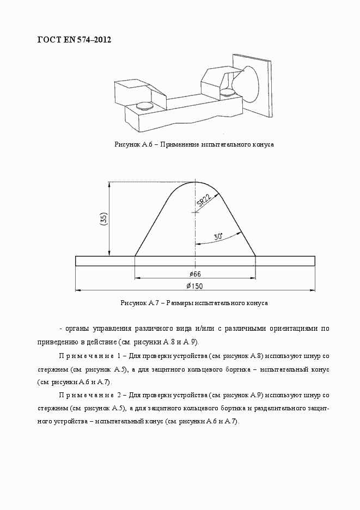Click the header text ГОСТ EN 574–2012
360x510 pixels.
(x=74, y=40)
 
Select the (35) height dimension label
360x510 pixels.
(x=103, y=219)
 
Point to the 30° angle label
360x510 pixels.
(x=218, y=237)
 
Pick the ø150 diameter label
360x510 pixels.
(x=194, y=286)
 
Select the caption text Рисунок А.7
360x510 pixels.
(x=138, y=302)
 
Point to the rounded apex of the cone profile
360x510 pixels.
(x=195, y=183)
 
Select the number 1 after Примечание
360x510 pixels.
(x=119, y=355)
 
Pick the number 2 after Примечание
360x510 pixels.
(x=119, y=394)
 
